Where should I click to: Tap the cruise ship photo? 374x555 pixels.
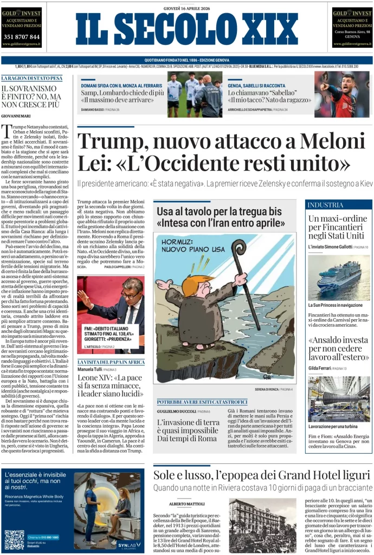pyautogui.click(x=339, y=277)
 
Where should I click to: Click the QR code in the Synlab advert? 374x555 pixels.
pyautogui.click(x=14, y=539)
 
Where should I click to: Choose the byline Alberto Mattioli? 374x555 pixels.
pyautogui.click(x=188, y=504)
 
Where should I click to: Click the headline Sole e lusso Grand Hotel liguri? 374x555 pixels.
pyautogui.click(x=261, y=475)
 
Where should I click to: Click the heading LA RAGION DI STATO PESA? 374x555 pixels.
pyautogui.click(x=31, y=78)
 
